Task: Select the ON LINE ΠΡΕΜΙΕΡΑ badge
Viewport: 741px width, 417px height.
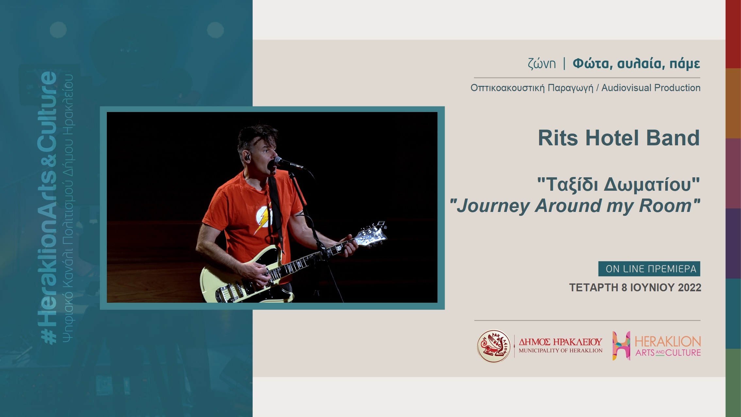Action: tap(649, 269)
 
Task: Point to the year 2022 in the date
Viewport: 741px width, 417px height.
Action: tap(689, 287)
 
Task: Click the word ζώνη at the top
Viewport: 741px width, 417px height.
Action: tap(542, 63)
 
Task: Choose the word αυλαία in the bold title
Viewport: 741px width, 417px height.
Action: tap(641, 63)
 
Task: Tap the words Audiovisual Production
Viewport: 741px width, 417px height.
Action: tap(651, 88)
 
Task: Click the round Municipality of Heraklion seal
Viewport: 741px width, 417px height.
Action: tap(494, 346)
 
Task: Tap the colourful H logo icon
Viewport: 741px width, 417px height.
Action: tap(621, 346)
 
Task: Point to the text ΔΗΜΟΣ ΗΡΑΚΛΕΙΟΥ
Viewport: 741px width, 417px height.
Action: tap(560, 342)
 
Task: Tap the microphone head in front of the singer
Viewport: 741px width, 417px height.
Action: tap(278, 161)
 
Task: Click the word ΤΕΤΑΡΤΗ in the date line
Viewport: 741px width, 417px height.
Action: tap(594, 287)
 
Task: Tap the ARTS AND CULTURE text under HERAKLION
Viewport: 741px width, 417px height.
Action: tap(668, 353)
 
